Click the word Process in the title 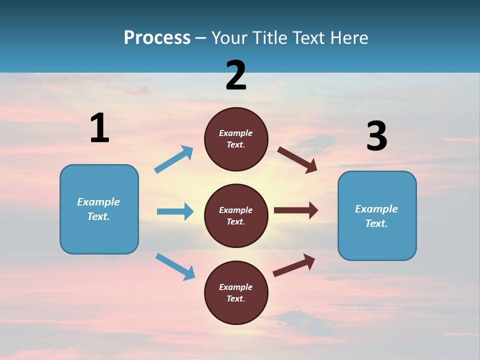157,38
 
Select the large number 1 99,128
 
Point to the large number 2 236,75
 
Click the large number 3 376,136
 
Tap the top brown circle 236,139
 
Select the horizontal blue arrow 175,211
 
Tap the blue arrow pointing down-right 175,266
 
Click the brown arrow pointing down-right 297,160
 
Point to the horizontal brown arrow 296,210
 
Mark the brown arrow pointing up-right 294,265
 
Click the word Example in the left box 98,202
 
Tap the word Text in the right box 375,223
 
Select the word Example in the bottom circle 236,287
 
